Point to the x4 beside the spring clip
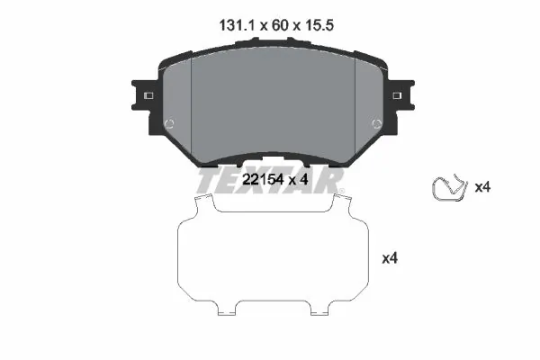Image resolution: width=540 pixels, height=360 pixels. pyautogui.click(x=481, y=188)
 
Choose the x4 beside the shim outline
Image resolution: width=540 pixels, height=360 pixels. pyautogui.click(x=390, y=258)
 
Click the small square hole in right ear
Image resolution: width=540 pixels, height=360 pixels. pyautogui.click(x=398, y=94)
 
